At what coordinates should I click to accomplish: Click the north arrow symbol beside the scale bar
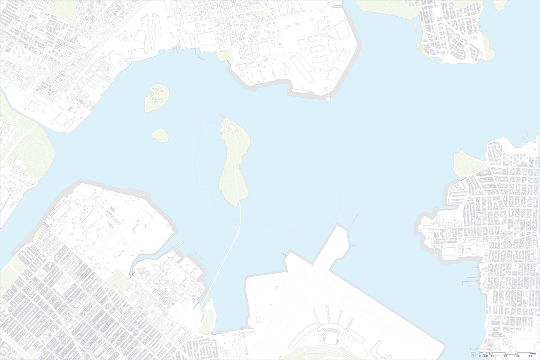(x=474, y=355)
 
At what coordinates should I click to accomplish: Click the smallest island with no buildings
(x=160, y=135)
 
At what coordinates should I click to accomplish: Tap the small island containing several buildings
(x=157, y=97)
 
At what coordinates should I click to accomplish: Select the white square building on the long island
(x=232, y=128)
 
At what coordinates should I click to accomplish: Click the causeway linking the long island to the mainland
(x=227, y=254)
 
